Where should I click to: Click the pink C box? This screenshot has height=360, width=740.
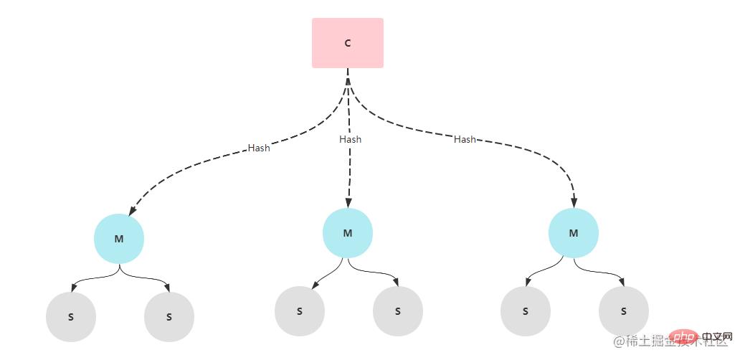348,43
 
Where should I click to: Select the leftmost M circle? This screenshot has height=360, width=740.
119,239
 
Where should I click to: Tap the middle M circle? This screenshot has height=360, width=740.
348,233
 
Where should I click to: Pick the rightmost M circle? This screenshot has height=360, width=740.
574,233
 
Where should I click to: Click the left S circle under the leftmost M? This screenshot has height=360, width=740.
70,316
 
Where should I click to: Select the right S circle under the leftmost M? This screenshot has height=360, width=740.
169,316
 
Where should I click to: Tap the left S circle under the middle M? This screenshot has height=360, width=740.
300,311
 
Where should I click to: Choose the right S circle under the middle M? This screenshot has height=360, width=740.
398,311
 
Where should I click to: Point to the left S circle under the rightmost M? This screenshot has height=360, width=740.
526,311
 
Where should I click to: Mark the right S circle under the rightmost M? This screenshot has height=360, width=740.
624,311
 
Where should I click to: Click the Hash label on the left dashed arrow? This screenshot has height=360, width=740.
259,148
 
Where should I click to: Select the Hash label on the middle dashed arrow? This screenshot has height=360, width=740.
350,139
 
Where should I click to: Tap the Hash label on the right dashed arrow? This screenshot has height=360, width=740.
465,139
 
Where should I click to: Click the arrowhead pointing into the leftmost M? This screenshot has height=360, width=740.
131,212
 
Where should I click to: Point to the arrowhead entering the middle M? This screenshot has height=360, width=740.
348,203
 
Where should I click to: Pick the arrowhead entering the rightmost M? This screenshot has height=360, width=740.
574,203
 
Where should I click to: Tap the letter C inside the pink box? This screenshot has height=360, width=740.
348,43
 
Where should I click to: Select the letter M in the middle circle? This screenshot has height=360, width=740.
348,233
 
